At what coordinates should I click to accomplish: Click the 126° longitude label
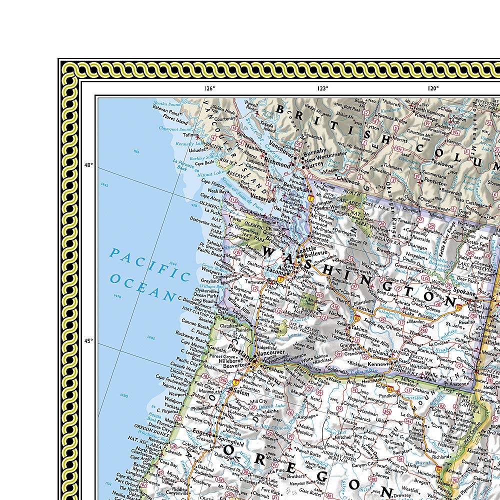point(209,88)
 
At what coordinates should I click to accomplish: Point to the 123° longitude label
point(322,88)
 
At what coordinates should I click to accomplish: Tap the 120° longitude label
point(433,88)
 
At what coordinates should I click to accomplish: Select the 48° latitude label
point(88,165)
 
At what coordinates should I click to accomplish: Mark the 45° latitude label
point(88,341)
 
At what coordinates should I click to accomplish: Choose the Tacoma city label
point(275,270)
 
